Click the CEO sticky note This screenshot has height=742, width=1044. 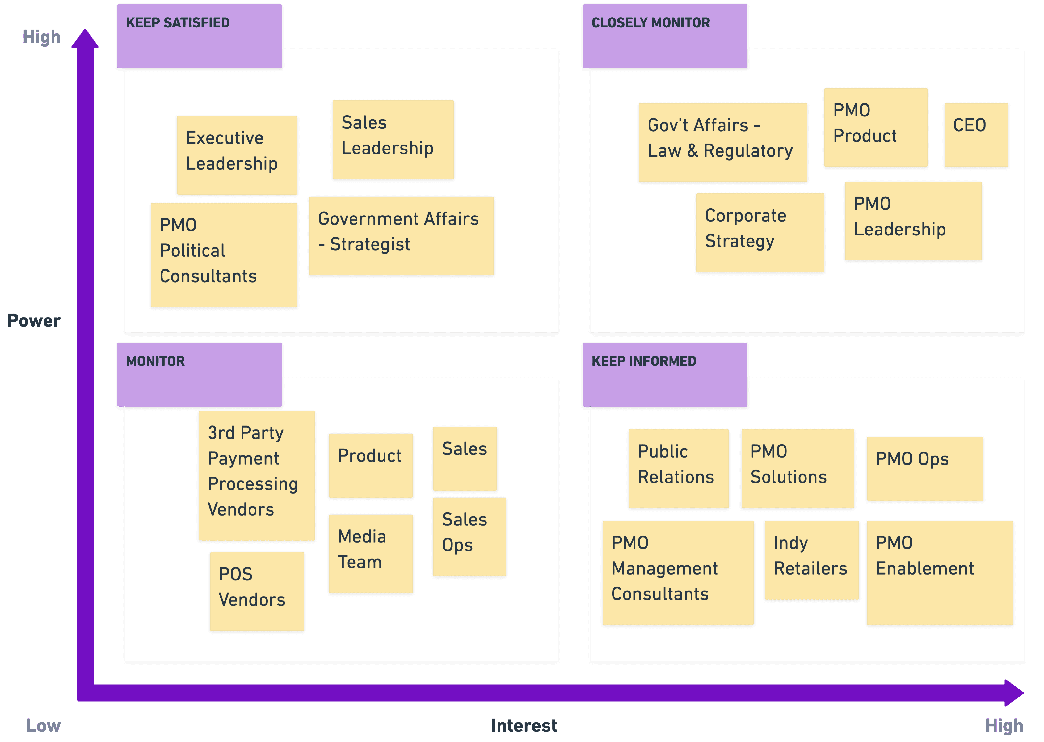point(976,135)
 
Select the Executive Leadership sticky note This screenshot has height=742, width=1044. point(237,155)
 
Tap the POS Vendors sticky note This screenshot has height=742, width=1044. point(257,591)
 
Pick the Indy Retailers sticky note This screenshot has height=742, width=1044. point(811,560)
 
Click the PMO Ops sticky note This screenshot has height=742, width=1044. point(924,468)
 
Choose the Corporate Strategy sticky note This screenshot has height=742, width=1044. point(760,233)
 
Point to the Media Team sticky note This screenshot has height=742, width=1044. point(371,553)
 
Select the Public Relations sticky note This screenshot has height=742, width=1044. point(679,468)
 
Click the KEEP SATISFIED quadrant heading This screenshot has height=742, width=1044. point(178,23)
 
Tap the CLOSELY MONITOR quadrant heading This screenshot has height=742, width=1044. point(651,23)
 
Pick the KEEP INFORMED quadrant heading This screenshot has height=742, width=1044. point(644,361)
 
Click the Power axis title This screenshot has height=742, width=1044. point(34,321)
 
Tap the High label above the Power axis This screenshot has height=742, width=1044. point(41,37)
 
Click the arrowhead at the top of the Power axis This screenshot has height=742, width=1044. point(85,39)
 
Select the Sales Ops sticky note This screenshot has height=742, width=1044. point(469,536)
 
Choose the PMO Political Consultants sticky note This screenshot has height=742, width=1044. point(224,255)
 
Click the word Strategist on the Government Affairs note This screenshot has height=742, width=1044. point(370,244)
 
